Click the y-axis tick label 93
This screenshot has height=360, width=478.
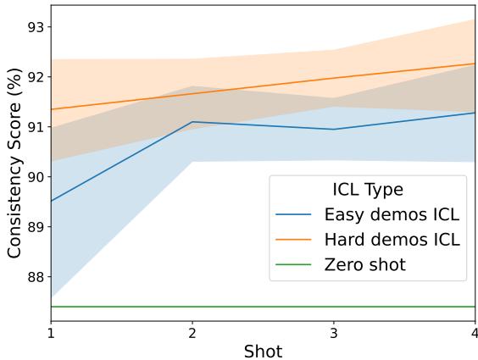[x=36, y=27]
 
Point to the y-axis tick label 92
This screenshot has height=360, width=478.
[x=36, y=77]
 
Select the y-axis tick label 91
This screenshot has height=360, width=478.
[x=36, y=127]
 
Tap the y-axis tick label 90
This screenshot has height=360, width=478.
[x=36, y=177]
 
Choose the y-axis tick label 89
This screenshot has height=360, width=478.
[x=36, y=227]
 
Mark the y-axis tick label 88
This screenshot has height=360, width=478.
[x=36, y=277]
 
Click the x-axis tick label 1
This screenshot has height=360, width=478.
[x=51, y=334]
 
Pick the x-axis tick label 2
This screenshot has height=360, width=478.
[x=192, y=334]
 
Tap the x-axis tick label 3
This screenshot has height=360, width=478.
[x=334, y=334]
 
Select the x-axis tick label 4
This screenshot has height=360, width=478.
[x=475, y=334]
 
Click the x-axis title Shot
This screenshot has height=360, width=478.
[x=263, y=350]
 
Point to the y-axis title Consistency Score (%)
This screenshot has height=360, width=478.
[x=14, y=163]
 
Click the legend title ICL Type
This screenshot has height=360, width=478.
[x=367, y=190]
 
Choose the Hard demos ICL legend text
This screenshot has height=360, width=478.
[x=392, y=240]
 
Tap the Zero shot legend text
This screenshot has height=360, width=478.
[x=364, y=265]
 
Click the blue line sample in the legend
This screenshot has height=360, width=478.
[x=295, y=214]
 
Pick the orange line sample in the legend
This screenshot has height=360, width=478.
[x=295, y=240]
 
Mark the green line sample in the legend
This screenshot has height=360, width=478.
[x=295, y=265]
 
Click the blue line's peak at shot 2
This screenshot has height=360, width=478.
[x=192, y=122]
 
